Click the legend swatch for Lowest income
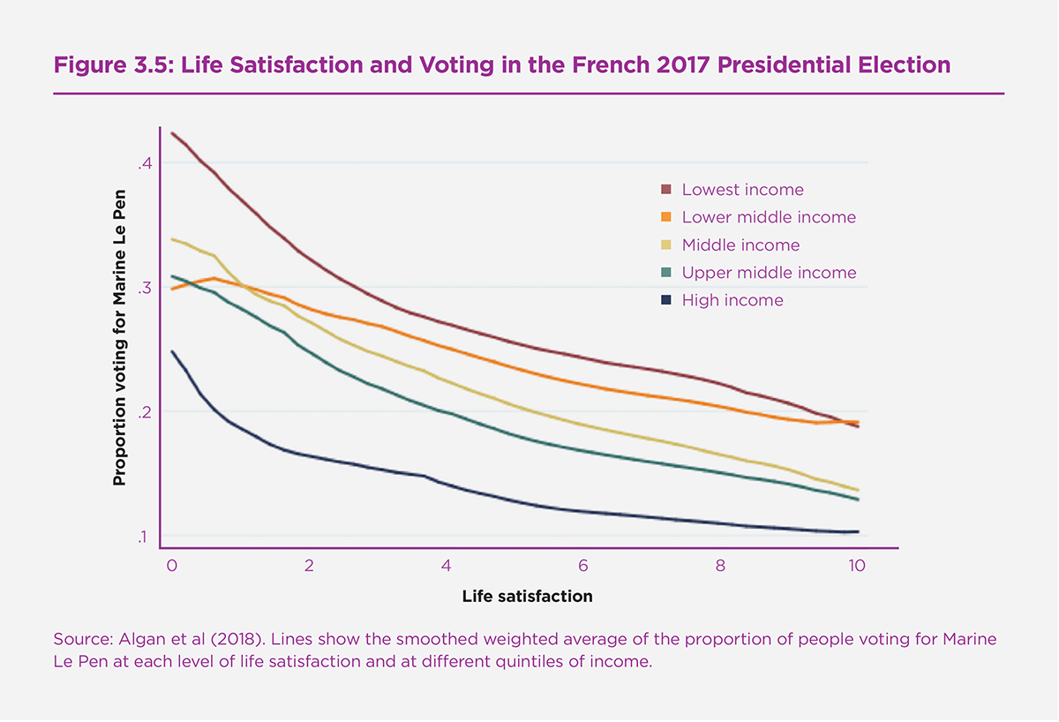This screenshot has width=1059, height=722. click(x=666, y=190)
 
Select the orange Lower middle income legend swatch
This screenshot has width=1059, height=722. click(x=666, y=217)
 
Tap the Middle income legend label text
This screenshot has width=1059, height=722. click(x=740, y=245)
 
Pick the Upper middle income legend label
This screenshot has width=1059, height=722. click(x=769, y=273)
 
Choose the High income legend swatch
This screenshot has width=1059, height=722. click(x=666, y=301)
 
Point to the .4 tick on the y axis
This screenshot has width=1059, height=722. click(x=146, y=163)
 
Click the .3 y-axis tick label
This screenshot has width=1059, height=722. click(x=146, y=288)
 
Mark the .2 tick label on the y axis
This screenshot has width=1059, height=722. click(x=146, y=412)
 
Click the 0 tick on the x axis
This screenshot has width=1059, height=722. click(x=171, y=565)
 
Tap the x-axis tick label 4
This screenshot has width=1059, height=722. click(x=447, y=565)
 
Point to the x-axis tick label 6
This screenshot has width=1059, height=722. click(x=583, y=565)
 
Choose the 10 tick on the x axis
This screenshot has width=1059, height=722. click(x=857, y=565)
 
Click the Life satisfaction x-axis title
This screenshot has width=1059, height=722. click(x=527, y=597)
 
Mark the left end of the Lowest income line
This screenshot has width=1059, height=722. click(x=172, y=133)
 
